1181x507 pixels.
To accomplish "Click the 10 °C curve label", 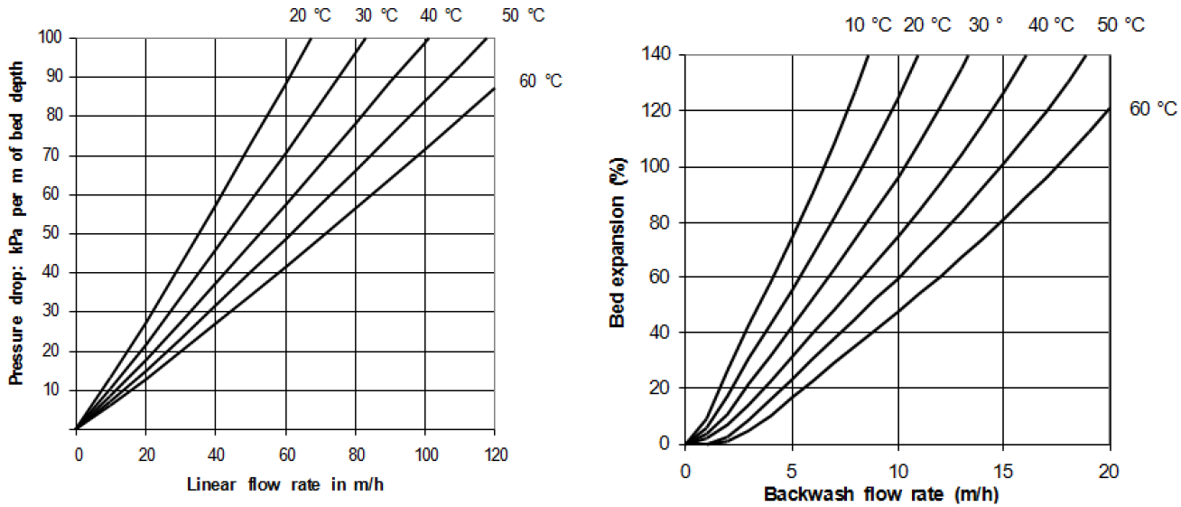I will (x=868, y=25).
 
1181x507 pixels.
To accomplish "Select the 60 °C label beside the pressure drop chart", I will (x=540, y=81).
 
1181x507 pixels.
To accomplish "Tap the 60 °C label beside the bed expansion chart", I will (x=1153, y=109).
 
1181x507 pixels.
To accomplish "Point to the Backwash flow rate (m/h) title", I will (x=881, y=494).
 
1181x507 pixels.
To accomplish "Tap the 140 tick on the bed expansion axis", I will (x=656, y=54).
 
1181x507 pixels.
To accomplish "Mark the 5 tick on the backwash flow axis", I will (x=792, y=470).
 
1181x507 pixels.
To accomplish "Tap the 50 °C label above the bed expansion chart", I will (x=1121, y=25).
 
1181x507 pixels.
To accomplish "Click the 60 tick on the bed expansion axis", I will (x=661, y=277).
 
